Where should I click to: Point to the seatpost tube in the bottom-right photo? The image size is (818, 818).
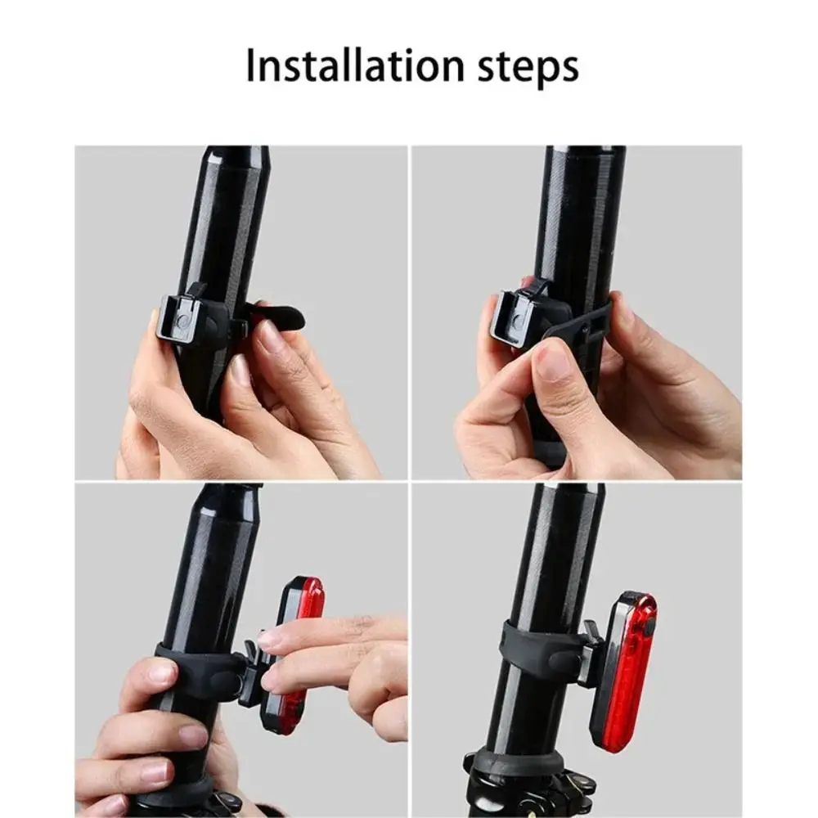556,556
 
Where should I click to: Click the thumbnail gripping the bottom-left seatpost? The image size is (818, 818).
162,672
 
